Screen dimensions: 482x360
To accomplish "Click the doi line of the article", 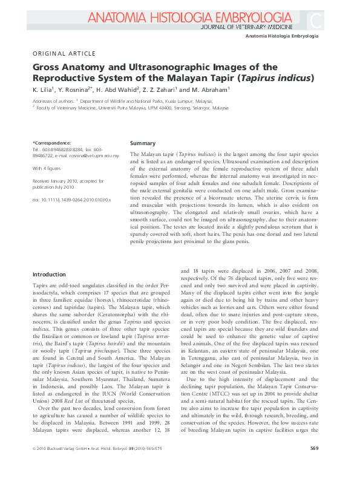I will pos(71,199).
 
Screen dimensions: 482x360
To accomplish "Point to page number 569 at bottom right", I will pos(314,465).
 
